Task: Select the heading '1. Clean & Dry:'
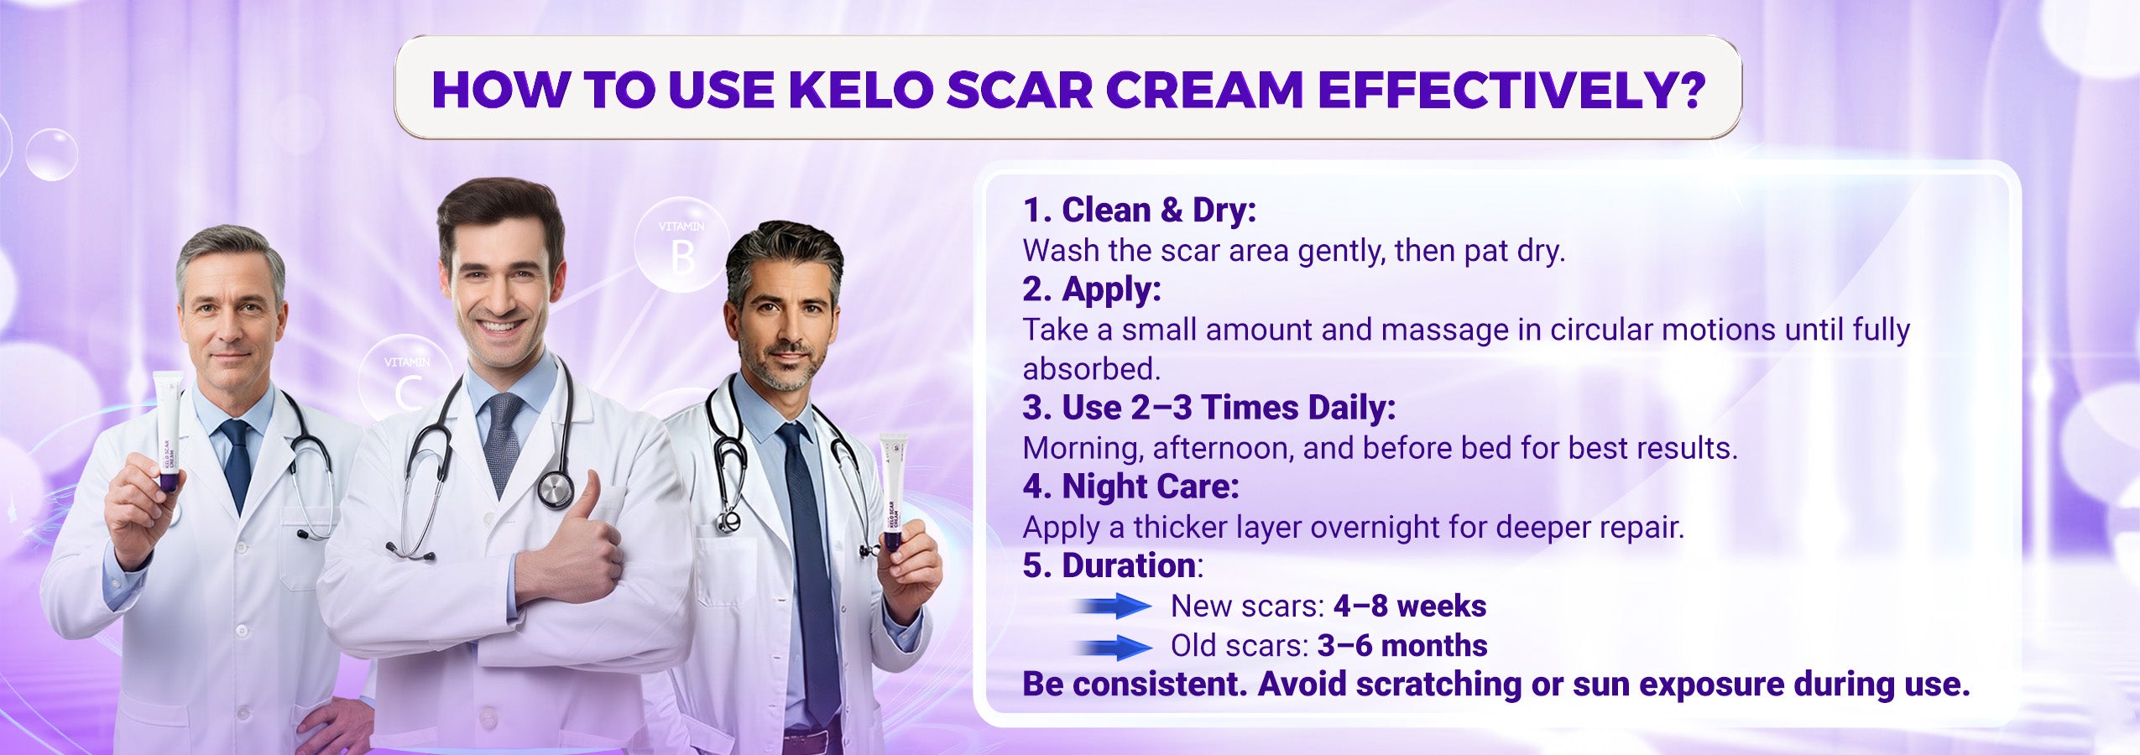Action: pyautogui.click(x=1139, y=210)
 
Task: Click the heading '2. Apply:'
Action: pyautogui.click(x=1092, y=289)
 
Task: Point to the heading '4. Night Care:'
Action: pyautogui.click(x=1130, y=487)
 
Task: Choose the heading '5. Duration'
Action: pyautogui.click(x=1109, y=565)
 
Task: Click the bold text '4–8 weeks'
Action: pyautogui.click(x=1410, y=606)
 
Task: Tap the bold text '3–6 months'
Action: pyautogui.click(x=1402, y=645)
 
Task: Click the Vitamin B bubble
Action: pyautogui.click(x=681, y=245)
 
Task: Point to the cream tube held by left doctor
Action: pyautogui.click(x=168, y=431)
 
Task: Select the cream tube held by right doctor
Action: pyautogui.click(x=893, y=492)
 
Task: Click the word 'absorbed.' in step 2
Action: pyautogui.click(x=1091, y=368)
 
